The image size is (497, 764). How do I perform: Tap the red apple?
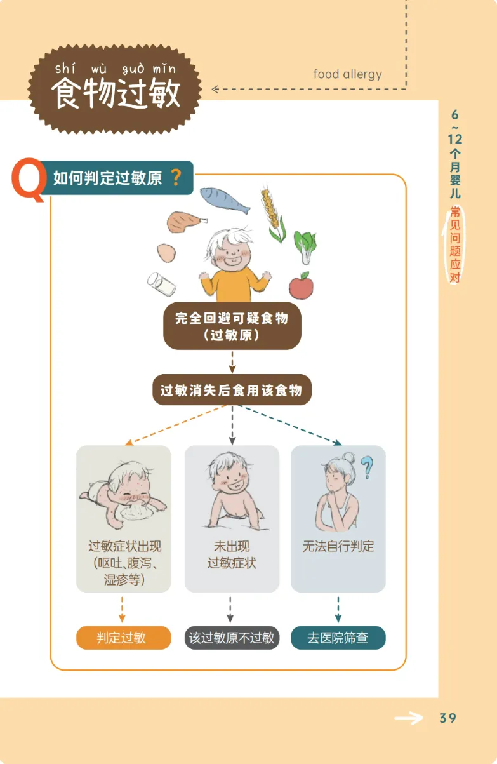click(301, 285)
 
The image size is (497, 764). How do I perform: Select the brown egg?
click(167, 253)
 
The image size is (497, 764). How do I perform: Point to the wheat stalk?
click(272, 213)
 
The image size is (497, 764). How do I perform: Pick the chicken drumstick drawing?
click(186, 222)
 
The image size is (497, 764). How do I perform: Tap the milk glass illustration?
click(161, 284)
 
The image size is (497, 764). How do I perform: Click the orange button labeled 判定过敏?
click(124, 638)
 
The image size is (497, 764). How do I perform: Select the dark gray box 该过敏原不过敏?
click(232, 638)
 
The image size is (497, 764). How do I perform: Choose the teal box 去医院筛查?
click(338, 638)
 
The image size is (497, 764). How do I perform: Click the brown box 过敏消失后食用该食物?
click(232, 390)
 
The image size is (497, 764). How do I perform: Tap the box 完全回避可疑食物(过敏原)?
click(232, 326)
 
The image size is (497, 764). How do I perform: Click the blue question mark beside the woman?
click(367, 467)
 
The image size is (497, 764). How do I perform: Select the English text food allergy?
click(347, 74)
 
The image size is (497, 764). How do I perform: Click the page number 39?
click(447, 718)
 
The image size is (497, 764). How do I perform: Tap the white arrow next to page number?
click(408, 718)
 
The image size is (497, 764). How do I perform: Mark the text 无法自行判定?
click(338, 546)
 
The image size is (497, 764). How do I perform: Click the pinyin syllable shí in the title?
click(65, 68)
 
